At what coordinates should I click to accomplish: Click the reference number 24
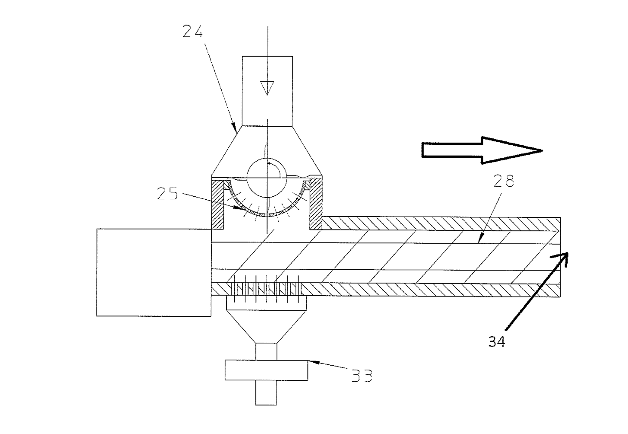193,32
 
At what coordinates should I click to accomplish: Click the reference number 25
167,194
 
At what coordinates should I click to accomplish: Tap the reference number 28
503,181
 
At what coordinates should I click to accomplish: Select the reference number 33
362,376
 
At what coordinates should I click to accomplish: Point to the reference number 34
497,341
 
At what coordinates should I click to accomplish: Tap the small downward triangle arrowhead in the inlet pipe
267,88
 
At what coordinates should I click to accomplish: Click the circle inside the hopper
267,178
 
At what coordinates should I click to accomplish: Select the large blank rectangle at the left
154,272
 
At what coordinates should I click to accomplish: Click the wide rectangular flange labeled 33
266,370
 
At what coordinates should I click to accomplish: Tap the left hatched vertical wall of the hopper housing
218,205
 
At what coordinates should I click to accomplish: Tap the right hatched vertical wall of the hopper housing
316,205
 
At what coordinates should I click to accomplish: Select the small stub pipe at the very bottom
266,393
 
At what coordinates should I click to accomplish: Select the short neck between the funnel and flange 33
266,352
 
